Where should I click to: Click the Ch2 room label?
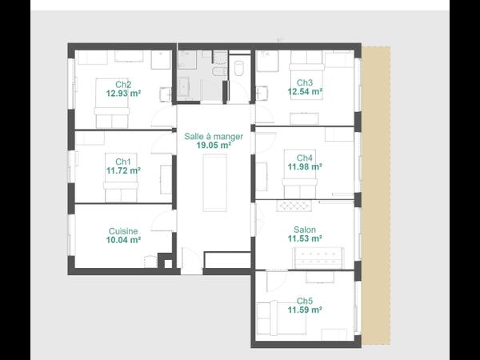click(x=123, y=84)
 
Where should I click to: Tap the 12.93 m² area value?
click(x=123, y=93)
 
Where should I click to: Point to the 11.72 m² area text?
click(x=123, y=170)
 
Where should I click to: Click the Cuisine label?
click(x=123, y=230)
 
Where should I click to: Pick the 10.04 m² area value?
click(x=123, y=239)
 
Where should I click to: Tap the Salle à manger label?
click(x=214, y=138)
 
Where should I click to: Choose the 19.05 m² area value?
click(x=214, y=146)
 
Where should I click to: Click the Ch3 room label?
click(x=305, y=82)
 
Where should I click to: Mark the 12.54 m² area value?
click(x=305, y=92)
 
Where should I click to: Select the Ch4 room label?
click(x=305, y=158)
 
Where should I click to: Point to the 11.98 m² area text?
click(x=305, y=166)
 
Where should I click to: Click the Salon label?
click(x=305, y=230)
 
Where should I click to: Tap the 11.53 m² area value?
click(x=305, y=238)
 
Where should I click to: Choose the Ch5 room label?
click(x=305, y=300)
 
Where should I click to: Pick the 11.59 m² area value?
click(x=305, y=310)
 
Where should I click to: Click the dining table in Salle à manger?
click(x=214, y=181)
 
